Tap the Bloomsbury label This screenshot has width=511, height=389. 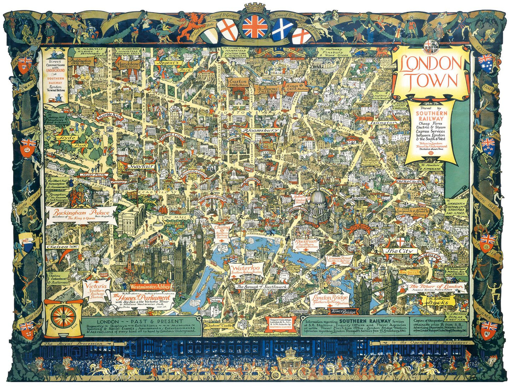coord(261,130)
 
